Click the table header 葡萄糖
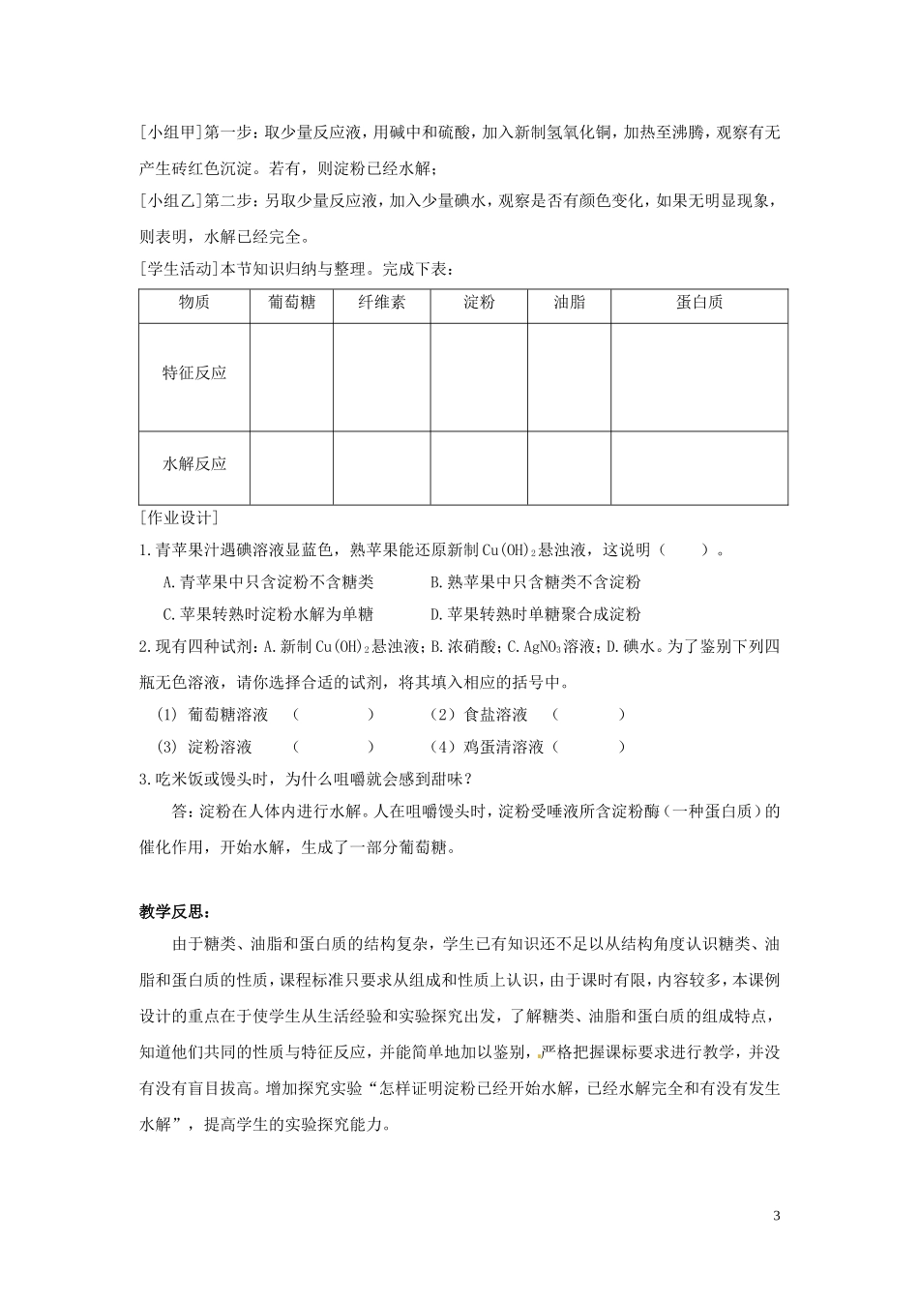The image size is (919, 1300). coord(291,303)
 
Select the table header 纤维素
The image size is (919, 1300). coord(381,303)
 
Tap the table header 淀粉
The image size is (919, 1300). coord(479,303)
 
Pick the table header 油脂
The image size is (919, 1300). coord(569,303)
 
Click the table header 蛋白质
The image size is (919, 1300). coord(698,303)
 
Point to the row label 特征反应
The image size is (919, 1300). coord(194,373)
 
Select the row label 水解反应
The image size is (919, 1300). coord(194,464)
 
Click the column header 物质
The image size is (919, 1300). coord(194,303)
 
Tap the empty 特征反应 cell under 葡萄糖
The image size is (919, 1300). coord(291,377)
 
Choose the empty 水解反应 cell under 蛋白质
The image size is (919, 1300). coord(698,467)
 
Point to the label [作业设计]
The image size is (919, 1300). coord(179,517)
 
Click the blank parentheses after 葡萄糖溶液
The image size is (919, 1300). coord(332,715)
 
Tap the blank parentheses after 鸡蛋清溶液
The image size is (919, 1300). coord(589,747)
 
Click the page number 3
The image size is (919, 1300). coord(777,1215)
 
